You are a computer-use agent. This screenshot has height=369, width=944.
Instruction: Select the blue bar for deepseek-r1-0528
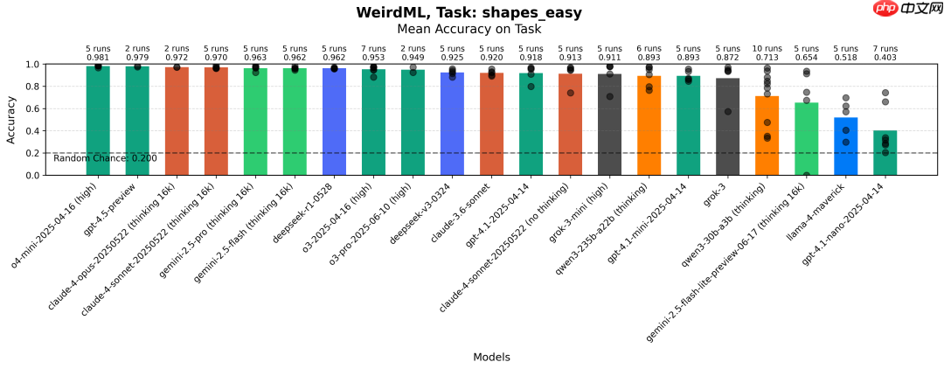(334, 122)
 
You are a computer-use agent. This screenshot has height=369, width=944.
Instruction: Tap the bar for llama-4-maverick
(845, 146)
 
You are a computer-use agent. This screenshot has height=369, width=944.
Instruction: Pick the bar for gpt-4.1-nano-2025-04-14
(885, 153)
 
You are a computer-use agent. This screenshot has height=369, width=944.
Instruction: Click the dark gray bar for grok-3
(727, 127)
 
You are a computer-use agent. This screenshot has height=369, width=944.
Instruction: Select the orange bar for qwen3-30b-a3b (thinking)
(767, 136)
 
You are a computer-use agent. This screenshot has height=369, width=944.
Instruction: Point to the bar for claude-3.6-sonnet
(491, 124)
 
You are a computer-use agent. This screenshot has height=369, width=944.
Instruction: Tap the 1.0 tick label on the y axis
(32, 65)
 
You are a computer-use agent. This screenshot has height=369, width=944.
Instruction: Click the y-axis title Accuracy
(11, 120)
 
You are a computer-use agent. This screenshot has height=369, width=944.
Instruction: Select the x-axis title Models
(491, 357)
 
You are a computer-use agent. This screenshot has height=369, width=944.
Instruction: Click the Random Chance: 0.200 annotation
(105, 158)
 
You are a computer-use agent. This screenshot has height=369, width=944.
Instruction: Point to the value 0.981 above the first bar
(98, 58)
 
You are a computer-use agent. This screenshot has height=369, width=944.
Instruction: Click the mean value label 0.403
(885, 58)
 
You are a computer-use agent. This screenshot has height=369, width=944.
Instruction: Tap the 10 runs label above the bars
(767, 49)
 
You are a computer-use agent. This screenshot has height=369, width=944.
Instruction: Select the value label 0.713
(767, 58)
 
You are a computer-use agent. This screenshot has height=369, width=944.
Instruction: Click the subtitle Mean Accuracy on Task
(469, 29)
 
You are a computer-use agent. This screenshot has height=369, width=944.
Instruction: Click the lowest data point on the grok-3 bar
(727, 112)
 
